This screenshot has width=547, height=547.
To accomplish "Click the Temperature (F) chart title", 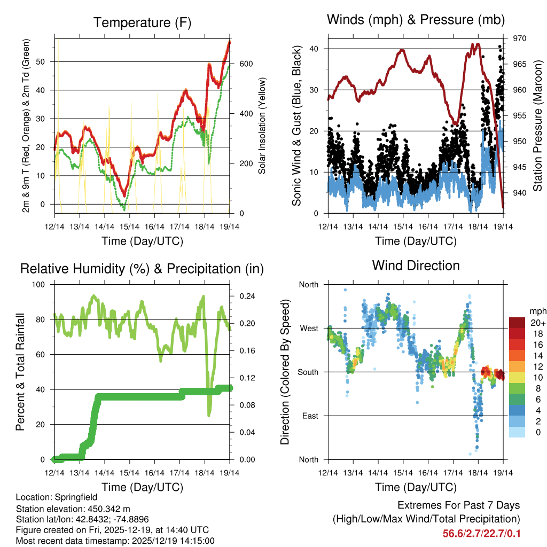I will [x=142, y=22].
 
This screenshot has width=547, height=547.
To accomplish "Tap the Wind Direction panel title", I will [x=416, y=265].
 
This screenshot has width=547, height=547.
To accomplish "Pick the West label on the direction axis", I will [x=309, y=328].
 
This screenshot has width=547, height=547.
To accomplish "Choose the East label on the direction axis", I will [x=309, y=416].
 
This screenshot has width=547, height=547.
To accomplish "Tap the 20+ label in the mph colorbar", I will [x=538, y=323].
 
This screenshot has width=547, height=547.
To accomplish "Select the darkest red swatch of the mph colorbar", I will [x=517, y=323].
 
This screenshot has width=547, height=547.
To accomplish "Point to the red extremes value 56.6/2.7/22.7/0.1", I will [x=481, y=533].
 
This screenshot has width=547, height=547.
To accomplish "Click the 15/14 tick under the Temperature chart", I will [x=129, y=226].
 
